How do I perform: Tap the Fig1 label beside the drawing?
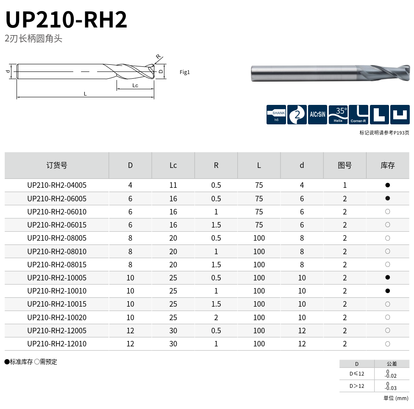(x=185, y=72)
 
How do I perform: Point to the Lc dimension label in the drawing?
(x=135, y=85)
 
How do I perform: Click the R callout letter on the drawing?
(x=158, y=56)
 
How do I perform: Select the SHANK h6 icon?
(x=276, y=115)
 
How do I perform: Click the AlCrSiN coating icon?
(x=318, y=115)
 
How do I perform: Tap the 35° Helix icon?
(x=338, y=115)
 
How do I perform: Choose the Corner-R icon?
(x=358, y=115)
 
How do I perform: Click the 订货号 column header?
(x=57, y=165)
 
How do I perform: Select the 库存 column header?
(x=388, y=165)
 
